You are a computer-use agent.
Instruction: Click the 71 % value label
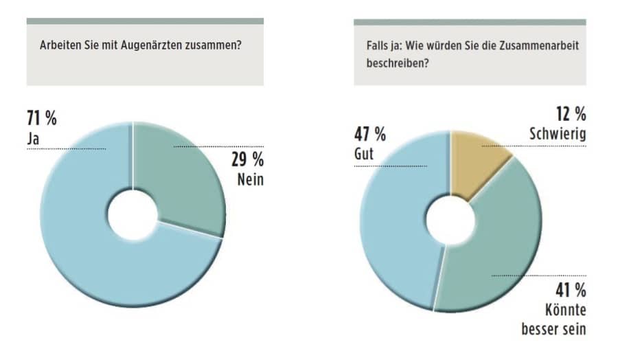click(42, 119)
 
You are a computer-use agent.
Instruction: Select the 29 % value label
click(247, 159)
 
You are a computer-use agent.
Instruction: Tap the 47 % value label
click(369, 134)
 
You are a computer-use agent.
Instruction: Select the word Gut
click(364, 154)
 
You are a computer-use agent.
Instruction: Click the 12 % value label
click(571, 114)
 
